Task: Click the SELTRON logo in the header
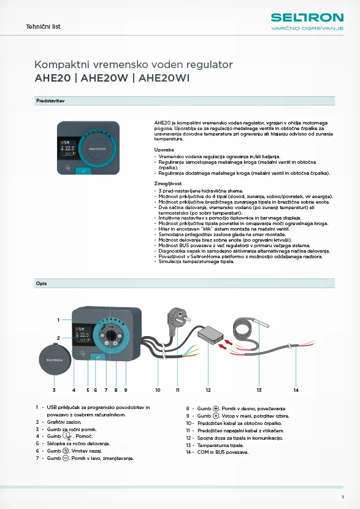pyautogui.click(x=307, y=21)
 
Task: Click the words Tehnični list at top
pyautogui.click(x=43, y=26)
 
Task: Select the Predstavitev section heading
pyautogui.click(x=50, y=101)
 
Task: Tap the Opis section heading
pyautogui.click(x=41, y=283)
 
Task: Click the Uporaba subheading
pyautogui.click(x=164, y=150)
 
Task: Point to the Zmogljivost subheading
pyautogui.click(x=168, y=184)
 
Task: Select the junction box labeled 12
pyautogui.click(x=211, y=335)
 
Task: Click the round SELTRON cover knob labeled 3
pyautogui.click(x=55, y=360)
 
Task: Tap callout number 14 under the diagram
pyautogui.click(x=296, y=390)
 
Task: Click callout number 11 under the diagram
pyautogui.click(x=178, y=390)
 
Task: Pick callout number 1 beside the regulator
pyautogui.click(x=58, y=320)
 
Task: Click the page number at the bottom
pyautogui.click(x=343, y=497)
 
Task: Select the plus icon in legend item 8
pyautogui.click(x=216, y=408)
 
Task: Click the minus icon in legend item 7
pyautogui.click(x=66, y=458)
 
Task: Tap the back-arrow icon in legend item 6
pyautogui.click(x=66, y=451)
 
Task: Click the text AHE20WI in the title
pyautogui.click(x=164, y=78)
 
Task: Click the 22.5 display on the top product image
pyautogui.click(x=70, y=148)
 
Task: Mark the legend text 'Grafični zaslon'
pyautogui.click(x=64, y=422)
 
